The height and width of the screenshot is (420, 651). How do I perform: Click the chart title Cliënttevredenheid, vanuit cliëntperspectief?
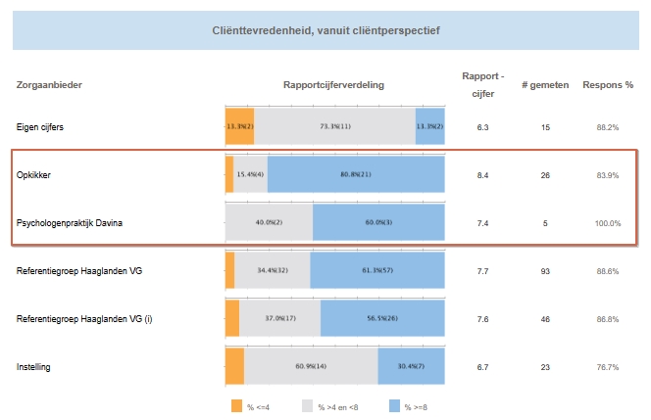coord(325,30)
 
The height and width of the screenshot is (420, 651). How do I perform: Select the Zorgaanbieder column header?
coord(49,84)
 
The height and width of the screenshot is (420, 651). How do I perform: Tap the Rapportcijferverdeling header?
coord(333,84)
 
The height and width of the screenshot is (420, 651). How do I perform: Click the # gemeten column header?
coord(544,84)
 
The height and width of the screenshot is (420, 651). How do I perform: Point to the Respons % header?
coord(608,84)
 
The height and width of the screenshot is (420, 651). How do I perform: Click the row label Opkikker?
coord(34,175)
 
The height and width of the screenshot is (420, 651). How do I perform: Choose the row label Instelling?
coord(34,367)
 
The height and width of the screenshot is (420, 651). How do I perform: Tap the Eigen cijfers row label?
coord(41,127)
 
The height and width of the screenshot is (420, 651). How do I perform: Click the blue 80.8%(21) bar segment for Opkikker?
coord(356,175)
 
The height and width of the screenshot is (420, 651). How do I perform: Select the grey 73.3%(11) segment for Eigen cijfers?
coord(334,127)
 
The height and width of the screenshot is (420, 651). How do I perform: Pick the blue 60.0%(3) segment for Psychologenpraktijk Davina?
coord(378,223)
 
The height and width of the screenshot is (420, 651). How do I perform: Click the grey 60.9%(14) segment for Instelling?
coord(311,367)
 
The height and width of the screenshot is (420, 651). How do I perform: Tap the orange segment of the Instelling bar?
coord(234,367)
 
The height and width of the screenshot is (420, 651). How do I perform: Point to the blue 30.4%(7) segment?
coord(411,367)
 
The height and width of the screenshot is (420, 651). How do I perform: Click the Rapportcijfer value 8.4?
coord(482,175)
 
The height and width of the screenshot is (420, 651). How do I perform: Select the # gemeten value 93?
coord(544,271)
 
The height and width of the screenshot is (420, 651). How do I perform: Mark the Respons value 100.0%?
coord(608,223)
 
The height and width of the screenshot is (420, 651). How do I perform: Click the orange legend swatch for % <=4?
coord(236,404)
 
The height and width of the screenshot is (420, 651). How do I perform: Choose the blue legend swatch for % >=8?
coord(396,404)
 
